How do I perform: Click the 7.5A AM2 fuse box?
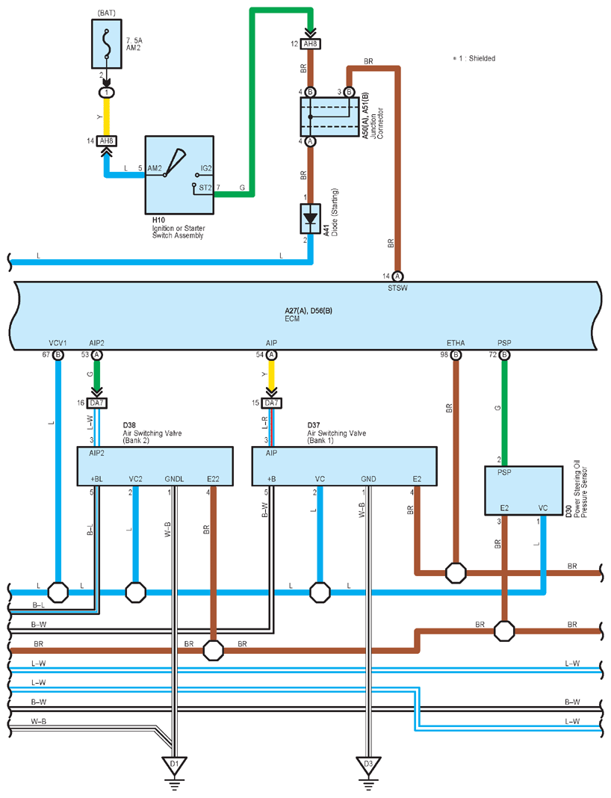click(107, 44)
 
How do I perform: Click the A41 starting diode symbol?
click(310, 219)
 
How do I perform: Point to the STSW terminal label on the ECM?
click(397, 288)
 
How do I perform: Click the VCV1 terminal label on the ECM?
click(58, 343)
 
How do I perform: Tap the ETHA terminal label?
click(456, 343)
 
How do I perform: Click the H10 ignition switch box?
click(179, 175)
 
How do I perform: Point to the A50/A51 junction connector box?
click(329, 117)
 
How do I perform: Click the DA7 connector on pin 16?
click(96, 403)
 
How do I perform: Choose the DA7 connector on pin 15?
click(272, 403)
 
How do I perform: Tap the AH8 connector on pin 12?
click(310, 44)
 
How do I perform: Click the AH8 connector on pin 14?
click(107, 141)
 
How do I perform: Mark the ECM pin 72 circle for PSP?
click(504, 355)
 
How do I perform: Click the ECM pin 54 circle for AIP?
click(272, 355)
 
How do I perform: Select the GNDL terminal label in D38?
click(174, 479)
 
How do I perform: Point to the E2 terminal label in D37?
click(417, 479)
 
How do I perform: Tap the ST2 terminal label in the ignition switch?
click(205, 188)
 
